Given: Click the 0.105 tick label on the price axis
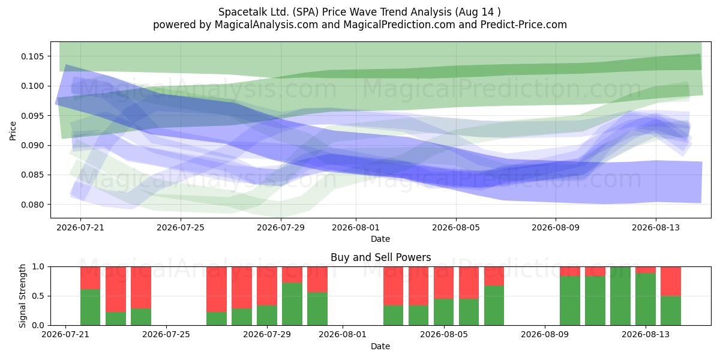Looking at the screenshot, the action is [x=32, y=56].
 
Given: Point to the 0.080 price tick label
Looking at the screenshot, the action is [x=32, y=205].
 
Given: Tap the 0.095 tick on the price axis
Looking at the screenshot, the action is [x=32, y=116].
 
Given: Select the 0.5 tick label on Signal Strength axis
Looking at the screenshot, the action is [x=38, y=296].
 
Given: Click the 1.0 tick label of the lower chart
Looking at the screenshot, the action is [x=38, y=266].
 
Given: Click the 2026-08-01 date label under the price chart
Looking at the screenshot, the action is [x=355, y=227].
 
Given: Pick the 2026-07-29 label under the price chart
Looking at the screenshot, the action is [x=281, y=227].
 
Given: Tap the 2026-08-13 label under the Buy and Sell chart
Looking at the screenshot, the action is [x=646, y=334].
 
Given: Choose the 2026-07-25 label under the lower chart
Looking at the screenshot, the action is [x=166, y=334].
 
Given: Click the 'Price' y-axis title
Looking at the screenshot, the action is [x=13, y=131].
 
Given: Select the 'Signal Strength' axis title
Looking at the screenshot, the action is [x=22, y=296].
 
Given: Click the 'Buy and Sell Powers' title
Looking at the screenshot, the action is [x=380, y=257].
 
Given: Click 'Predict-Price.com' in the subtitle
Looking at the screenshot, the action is [x=524, y=25].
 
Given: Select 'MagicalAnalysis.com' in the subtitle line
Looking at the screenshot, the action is [x=266, y=25].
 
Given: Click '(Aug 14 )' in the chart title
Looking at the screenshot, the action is [x=478, y=12].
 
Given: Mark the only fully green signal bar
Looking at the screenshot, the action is [x=620, y=296].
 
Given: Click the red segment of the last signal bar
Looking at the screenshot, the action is [x=671, y=281].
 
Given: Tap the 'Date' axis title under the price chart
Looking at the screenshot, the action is [x=380, y=239].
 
